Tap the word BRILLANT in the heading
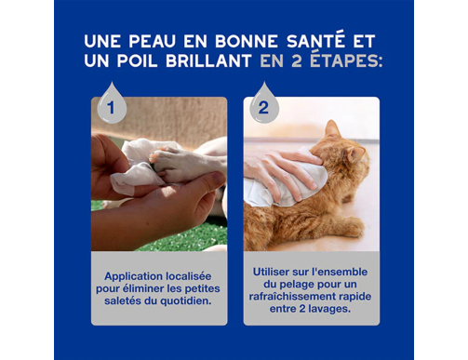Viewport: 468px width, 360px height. pos(208,60)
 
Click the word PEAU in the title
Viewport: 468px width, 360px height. pos(153,42)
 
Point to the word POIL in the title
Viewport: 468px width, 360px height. pos(137,60)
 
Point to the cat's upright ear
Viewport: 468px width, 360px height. pos(332,128)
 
